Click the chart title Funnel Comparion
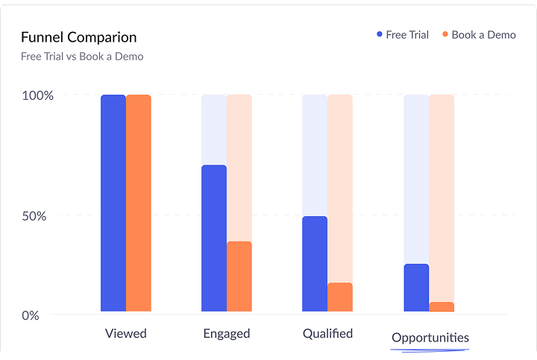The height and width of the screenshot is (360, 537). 78,37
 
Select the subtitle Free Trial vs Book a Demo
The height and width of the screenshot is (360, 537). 82,56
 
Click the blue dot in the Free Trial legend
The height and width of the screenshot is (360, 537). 379,35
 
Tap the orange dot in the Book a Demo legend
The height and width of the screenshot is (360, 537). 445,35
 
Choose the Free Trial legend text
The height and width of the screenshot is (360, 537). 406,35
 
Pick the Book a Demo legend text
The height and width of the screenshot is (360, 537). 483,35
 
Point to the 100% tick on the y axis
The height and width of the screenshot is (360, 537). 38,95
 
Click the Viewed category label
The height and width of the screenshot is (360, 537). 126,333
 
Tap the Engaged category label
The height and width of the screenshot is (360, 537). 226,333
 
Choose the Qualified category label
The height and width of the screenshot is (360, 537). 327,333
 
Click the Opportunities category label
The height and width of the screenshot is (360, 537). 430,338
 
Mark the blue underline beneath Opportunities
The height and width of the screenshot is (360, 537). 430,349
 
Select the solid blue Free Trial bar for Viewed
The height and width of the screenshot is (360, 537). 113,203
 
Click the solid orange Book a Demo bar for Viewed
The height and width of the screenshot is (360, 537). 139,203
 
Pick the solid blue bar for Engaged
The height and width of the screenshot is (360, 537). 214,239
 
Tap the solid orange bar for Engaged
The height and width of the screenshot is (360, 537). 239,277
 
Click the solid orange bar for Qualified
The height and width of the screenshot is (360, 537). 340,297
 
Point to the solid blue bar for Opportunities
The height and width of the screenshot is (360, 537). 416,288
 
